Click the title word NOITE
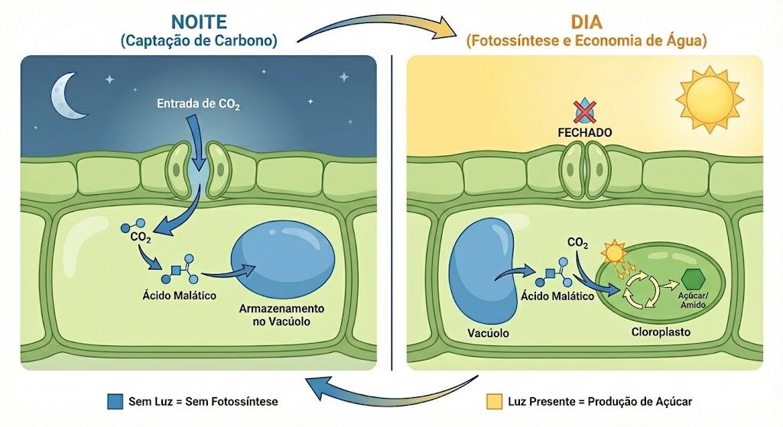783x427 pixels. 199,21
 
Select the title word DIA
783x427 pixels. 586,21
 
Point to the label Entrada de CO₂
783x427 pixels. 198,104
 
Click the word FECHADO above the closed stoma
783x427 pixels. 585,132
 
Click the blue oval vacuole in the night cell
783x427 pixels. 284,261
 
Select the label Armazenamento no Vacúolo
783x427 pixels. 281,315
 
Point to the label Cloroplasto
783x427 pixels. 661,332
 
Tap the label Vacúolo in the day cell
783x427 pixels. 488,333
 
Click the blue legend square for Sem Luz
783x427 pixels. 115,401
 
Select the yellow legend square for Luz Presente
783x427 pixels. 494,401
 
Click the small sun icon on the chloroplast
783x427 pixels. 614,252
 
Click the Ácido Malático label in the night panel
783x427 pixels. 179,296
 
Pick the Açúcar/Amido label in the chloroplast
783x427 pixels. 693,299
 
